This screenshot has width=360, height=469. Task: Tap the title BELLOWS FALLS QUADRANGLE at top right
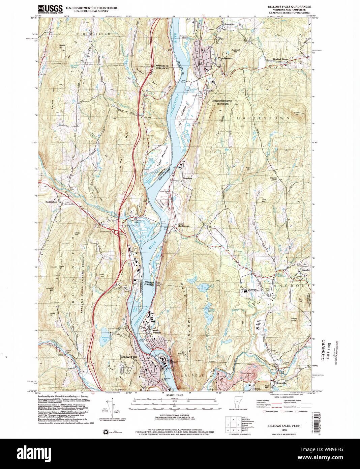(x=289, y=6)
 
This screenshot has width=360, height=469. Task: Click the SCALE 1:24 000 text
(x=174, y=395)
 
